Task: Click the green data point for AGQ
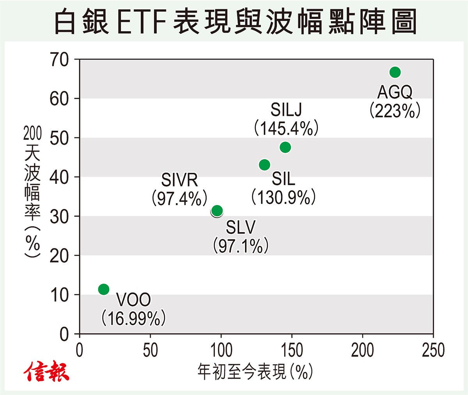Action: click(x=395, y=72)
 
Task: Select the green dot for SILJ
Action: click(x=285, y=147)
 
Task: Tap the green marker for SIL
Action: click(x=264, y=165)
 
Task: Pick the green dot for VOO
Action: click(x=104, y=289)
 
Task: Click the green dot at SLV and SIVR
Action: click(x=217, y=211)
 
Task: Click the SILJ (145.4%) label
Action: click(x=286, y=119)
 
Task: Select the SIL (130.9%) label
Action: click(x=284, y=188)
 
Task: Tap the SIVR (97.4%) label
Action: click(x=179, y=190)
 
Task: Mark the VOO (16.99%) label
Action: click(x=133, y=309)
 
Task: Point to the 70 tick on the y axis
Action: click(x=59, y=60)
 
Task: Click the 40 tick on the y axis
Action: click(x=59, y=177)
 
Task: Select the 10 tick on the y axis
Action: click(x=59, y=295)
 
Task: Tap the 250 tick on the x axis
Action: click(x=433, y=350)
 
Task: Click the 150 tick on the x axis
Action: click(x=292, y=350)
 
